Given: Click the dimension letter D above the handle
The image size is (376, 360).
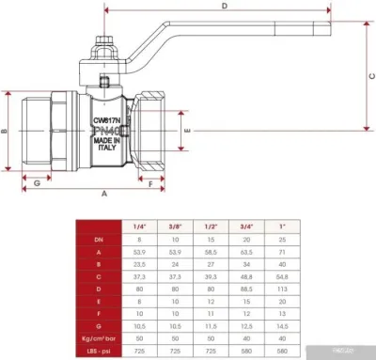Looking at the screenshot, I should [x=224, y=6].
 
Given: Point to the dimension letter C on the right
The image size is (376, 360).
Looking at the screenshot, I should [x=369, y=75].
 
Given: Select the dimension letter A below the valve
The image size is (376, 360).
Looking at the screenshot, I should [x=103, y=192].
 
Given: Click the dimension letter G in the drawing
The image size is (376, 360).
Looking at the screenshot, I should [x=37, y=182].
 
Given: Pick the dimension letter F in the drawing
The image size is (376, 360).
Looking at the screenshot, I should [x=150, y=182].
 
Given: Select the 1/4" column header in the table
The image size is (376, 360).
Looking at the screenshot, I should [x=139, y=226].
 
